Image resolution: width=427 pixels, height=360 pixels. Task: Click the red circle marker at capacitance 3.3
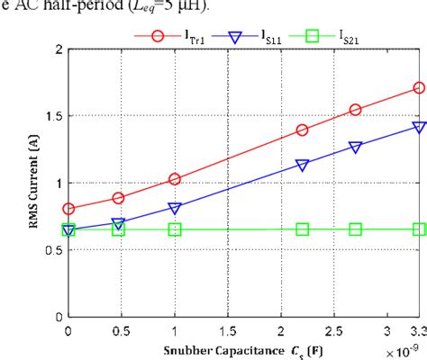tap(419, 88)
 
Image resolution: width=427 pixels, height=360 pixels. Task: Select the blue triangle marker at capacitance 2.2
tap(303, 165)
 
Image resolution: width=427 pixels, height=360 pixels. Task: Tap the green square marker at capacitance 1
tap(175, 229)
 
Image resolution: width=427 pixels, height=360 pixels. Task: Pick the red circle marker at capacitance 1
tap(175, 179)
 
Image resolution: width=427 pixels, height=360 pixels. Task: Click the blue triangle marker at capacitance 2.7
tap(356, 147)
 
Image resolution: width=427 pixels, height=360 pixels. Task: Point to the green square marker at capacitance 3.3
tap(419, 229)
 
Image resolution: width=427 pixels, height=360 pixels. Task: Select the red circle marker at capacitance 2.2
tap(303, 130)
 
